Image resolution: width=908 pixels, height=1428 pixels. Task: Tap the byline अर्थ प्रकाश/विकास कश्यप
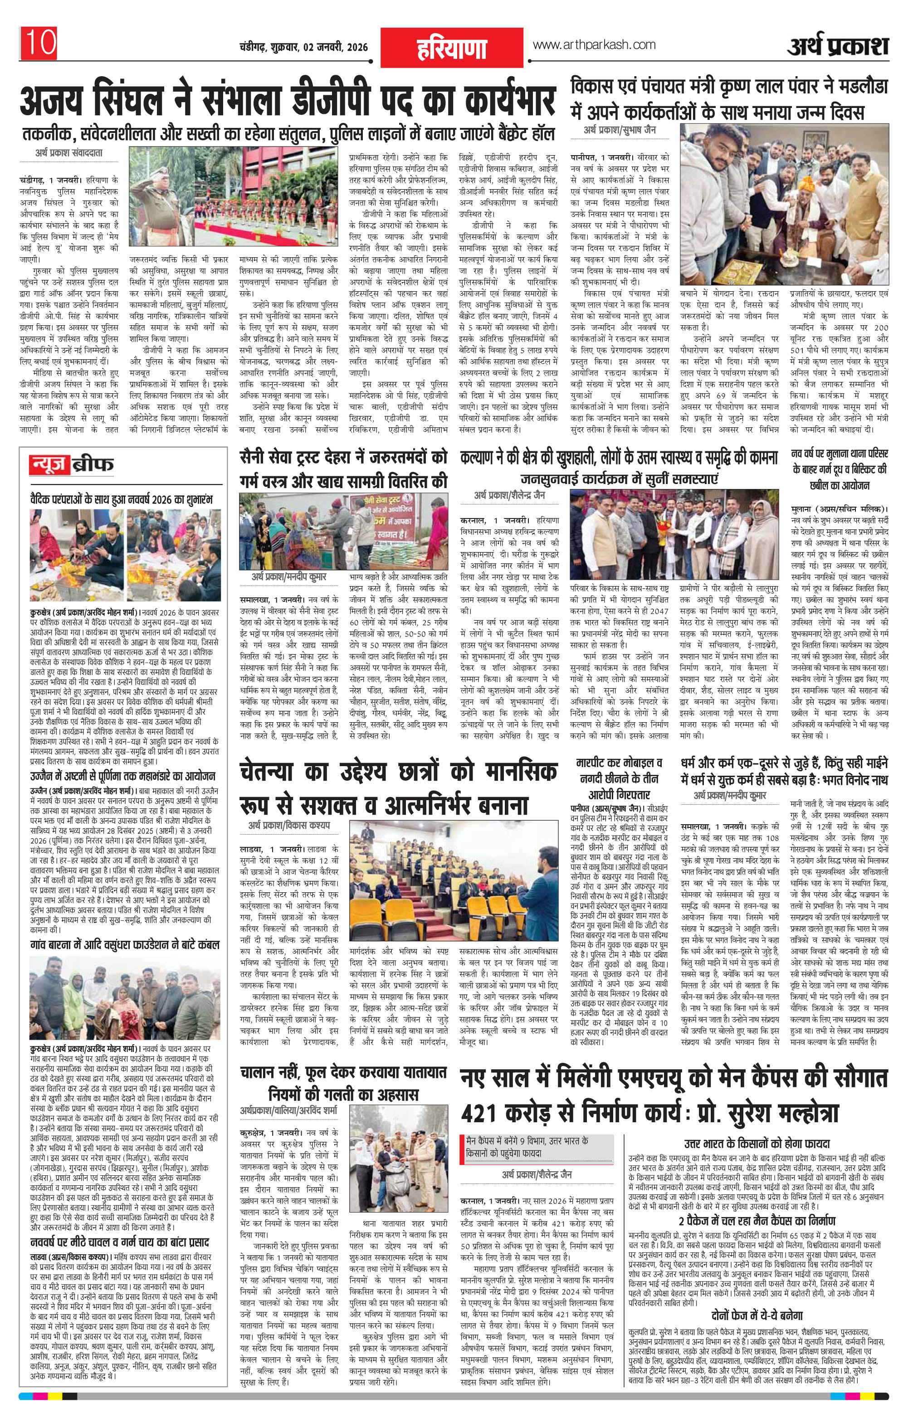[x=289, y=826]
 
